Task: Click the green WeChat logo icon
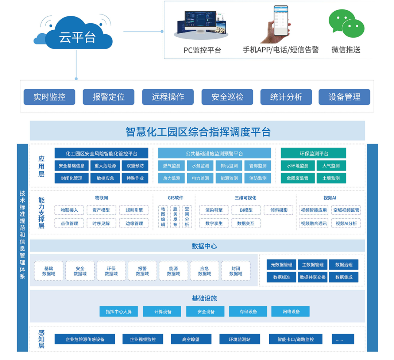346,23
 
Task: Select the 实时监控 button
50,97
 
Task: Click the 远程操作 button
168,97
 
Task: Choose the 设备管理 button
344,97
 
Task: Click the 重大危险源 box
105,166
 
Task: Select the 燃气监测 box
171,166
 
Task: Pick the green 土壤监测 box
331,178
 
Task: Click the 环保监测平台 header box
313,153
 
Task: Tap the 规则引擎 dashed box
134,210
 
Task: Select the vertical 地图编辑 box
163,217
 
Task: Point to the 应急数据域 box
204,271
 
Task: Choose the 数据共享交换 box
313,277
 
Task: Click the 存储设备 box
248,311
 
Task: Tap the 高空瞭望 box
191,339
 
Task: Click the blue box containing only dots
343,339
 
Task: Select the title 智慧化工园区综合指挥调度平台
198,132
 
